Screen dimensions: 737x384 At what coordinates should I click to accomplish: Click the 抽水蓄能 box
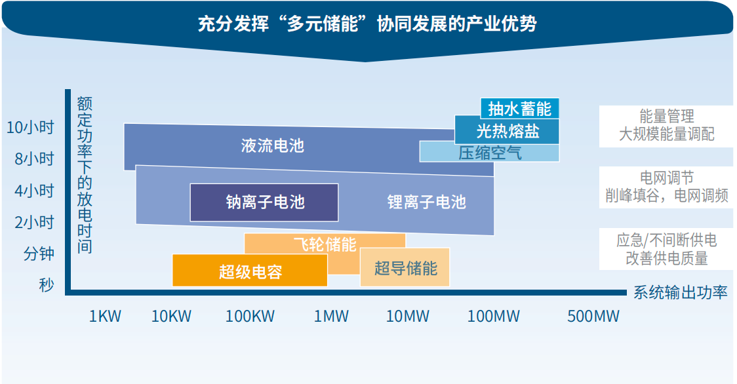coord(519,109)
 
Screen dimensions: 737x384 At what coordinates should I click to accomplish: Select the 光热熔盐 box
coord(507,130)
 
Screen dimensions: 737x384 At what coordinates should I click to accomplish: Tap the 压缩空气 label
coord(490,153)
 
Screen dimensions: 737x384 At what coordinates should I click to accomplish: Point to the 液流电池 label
coord(273,145)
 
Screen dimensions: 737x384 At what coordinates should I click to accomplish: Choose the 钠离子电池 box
coord(264,202)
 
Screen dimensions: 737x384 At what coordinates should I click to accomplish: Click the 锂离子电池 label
coord(426,202)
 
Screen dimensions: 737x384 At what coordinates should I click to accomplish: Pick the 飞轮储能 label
coord(325,244)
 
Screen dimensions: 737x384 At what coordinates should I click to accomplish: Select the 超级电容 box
coord(250,270)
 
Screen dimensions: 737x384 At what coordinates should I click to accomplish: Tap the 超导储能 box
coord(405,267)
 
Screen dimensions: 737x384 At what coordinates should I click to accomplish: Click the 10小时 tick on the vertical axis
coord(30,127)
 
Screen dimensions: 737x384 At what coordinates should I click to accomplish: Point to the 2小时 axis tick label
coord(34,222)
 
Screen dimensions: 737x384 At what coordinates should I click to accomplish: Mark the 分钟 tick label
coord(39,254)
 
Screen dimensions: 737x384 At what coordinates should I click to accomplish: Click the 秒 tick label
coord(47,285)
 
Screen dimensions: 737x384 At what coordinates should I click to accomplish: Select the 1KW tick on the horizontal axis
coord(105,317)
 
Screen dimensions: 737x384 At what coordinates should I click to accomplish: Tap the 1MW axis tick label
coord(331,317)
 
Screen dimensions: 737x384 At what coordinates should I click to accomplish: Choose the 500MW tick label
coord(593,317)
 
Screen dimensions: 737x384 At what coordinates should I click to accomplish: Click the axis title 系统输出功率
coord(680,292)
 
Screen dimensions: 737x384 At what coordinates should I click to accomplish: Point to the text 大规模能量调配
coord(666,134)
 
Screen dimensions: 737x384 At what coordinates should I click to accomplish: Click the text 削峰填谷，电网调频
coord(666,195)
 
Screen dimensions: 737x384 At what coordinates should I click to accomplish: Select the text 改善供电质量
coord(666,258)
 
